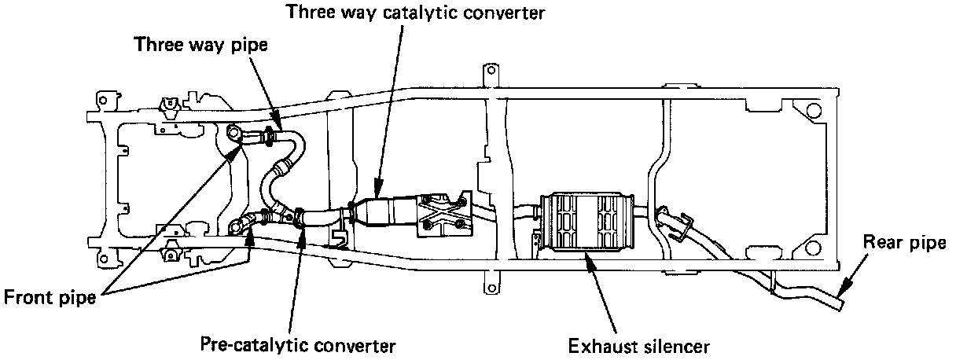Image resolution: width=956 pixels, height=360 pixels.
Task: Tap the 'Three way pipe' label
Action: pyautogui.click(x=201, y=44)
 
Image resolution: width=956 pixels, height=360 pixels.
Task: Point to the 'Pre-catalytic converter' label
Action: pyautogui.click(x=298, y=345)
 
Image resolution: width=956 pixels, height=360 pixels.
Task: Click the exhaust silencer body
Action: pyautogui.click(x=585, y=222)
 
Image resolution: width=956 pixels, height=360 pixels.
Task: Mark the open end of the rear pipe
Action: pyautogui.click(x=840, y=301)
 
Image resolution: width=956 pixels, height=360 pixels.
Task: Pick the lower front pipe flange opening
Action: pyautogui.click(x=234, y=228)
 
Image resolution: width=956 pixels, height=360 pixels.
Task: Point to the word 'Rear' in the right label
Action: pyautogui.click(x=881, y=243)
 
